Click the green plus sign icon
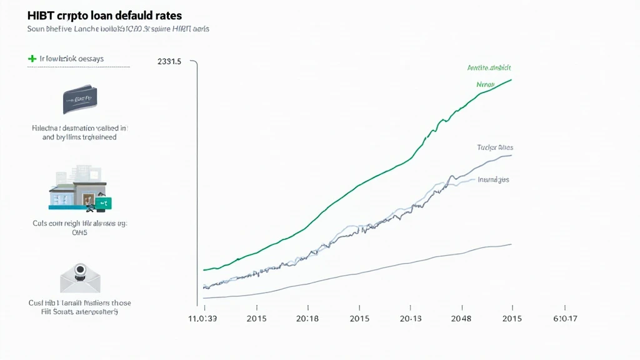[x=31, y=58]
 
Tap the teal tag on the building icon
[x=103, y=202]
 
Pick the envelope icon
[x=80, y=279]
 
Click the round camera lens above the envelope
[x=80, y=269]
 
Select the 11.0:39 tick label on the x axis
[x=204, y=319]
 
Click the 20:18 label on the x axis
[x=307, y=319]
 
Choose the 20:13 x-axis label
[x=410, y=319]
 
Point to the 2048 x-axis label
[x=461, y=319]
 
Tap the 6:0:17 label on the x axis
[x=564, y=319]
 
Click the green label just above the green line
[x=486, y=84]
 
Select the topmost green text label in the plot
[x=489, y=67]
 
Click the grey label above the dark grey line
[x=494, y=147]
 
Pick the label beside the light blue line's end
[x=493, y=179]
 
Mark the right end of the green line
[x=512, y=79]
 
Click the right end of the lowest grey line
[x=512, y=244]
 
